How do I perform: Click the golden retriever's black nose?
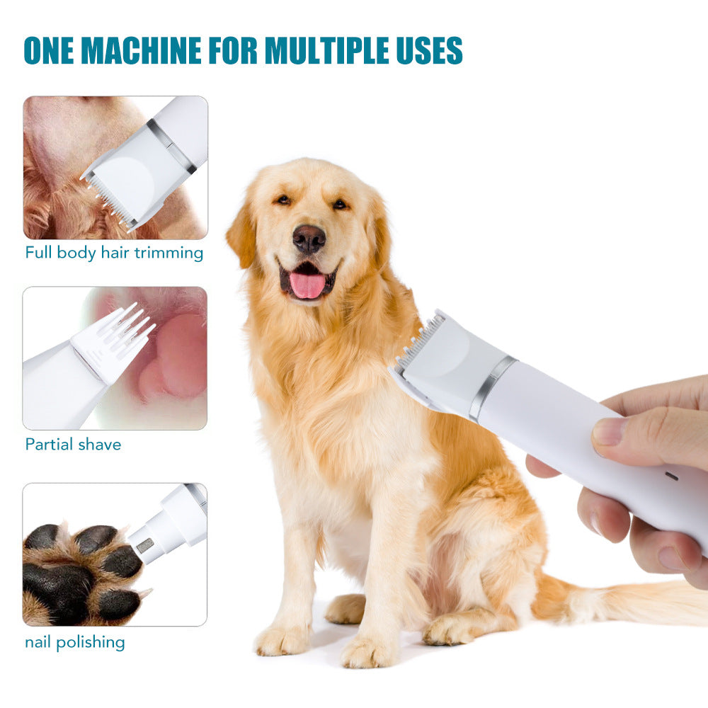(x=309, y=239)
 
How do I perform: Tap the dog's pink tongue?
(x=307, y=285)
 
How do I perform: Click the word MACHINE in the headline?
(x=141, y=50)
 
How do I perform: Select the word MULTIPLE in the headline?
(x=326, y=50)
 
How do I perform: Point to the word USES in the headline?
(x=429, y=50)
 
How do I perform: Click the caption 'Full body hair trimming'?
(x=114, y=253)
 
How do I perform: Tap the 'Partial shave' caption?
(x=73, y=445)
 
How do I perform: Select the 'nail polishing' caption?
(x=75, y=643)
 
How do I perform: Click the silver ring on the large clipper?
(x=492, y=387)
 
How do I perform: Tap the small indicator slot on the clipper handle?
(x=672, y=476)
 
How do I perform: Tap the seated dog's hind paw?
(x=447, y=630)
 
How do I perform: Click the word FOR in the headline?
(x=233, y=50)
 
